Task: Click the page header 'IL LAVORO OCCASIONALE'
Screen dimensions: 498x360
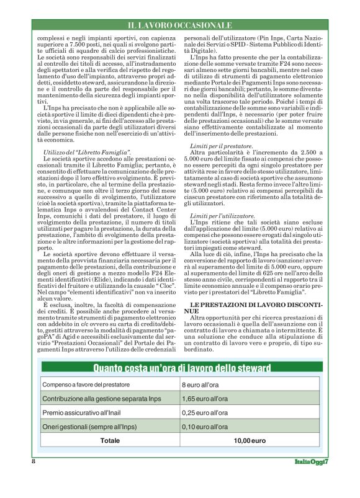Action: click(180, 25)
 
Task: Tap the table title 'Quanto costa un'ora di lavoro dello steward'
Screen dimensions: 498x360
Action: click(180, 368)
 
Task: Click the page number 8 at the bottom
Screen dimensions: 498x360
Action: click(33, 461)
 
